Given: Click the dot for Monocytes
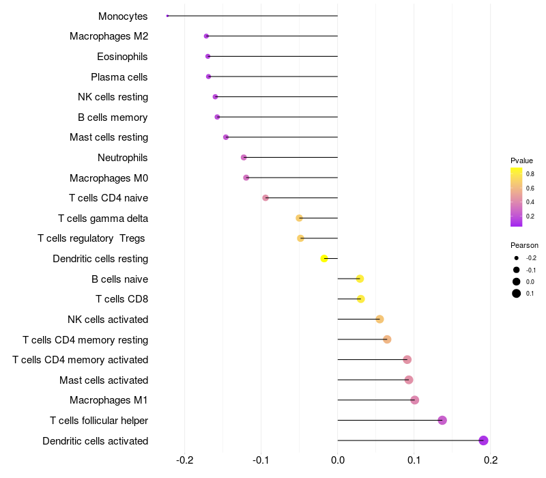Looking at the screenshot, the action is pyautogui.click(x=167, y=16).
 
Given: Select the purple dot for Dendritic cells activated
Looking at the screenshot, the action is pyautogui.click(x=483, y=440).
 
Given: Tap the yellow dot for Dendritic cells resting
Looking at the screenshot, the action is pyautogui.click(x=324, y=259).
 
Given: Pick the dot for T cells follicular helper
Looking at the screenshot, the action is pyautogui.click(x=442, y=420).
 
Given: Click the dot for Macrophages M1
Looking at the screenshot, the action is pyautogui.click(x=415, y=400).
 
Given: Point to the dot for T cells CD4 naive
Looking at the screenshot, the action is pyautogui.click(x=265, y=198).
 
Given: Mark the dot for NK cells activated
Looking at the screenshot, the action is pyautogui.click(x=380, y=319).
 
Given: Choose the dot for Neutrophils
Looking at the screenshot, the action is pyautogui.click(x=244, y=158).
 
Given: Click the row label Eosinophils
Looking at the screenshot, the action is pyautogui.click(x=122, y=57).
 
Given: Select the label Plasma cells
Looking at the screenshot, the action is pyautogui.click(x=119, y=77).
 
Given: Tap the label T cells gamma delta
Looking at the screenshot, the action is pyautogui.click(x=103, y=219).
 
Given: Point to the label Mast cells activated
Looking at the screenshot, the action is pyautogui.click(x=104, y=380).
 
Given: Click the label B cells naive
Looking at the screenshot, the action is pyautogui.click(x=120, y=279).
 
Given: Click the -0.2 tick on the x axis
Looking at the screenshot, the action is pyautogui.click(x=184, y=460).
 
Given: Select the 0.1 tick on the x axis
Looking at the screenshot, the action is pyautogui.click(x=414, y=460).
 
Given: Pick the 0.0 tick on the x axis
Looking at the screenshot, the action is pyautogui.click(x=337, y=460).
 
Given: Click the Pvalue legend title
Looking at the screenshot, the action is pyautogui.click(x=521, y=160).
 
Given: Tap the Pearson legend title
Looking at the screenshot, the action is pyautogui.click(x=524, y=245).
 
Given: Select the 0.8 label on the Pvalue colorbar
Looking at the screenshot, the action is pyautogui.click(x=530, y=174).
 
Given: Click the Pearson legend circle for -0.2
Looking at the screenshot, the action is pyautogui.click(x=517, y=258).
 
